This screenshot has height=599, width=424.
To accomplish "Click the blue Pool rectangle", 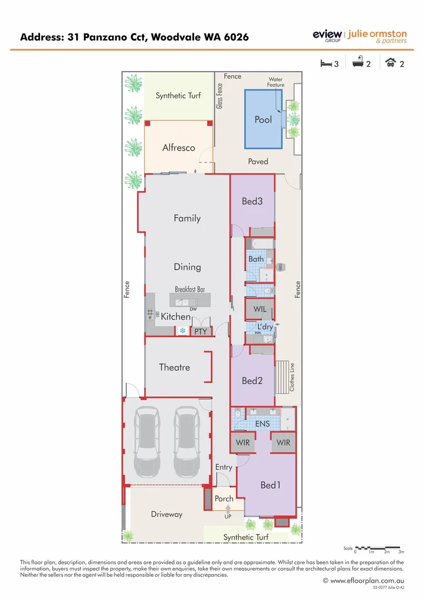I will (x=263, y=120).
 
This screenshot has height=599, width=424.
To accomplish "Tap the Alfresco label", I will (x=179, y=148).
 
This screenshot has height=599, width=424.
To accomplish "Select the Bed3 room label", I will (x=252, y=201).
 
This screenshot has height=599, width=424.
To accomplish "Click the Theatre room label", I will (x=174, y=367).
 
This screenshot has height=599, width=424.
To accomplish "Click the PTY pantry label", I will (x=200, y=332).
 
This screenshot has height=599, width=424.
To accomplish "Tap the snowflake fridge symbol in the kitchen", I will (x=181, y=331).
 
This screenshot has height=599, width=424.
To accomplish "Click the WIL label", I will (x=260, y=308).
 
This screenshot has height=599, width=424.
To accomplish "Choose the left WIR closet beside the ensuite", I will (x=243, y=443).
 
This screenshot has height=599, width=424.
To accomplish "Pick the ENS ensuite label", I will (x=263, y=424).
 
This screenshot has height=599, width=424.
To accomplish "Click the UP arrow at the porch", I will (x=228, y=509).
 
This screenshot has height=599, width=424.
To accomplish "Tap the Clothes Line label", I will (x=292, y=377).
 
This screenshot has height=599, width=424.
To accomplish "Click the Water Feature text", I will (x=276, y=82).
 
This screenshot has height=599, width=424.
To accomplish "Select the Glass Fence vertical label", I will (x=220, y=95).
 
